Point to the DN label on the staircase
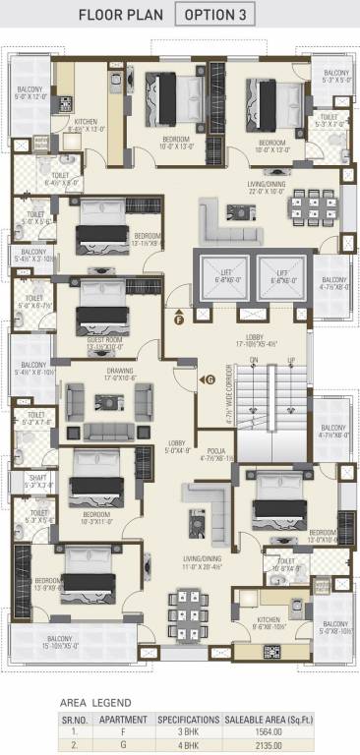253,361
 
